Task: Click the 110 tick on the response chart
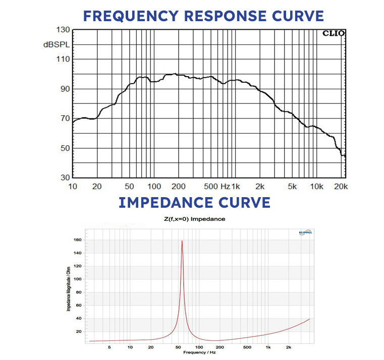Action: coord(62,59)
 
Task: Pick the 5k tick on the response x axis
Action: coord(293,186)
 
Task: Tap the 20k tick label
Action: coord(341,186)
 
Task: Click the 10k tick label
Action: coord(316,186)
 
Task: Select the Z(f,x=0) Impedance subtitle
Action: coord(194,219)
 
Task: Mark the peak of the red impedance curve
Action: coord(182,241)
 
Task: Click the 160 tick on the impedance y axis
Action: coord(77,240)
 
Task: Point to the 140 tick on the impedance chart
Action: coord(77,253)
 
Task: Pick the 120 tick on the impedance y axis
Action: coord(77,266)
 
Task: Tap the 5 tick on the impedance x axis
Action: coord(109,347)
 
